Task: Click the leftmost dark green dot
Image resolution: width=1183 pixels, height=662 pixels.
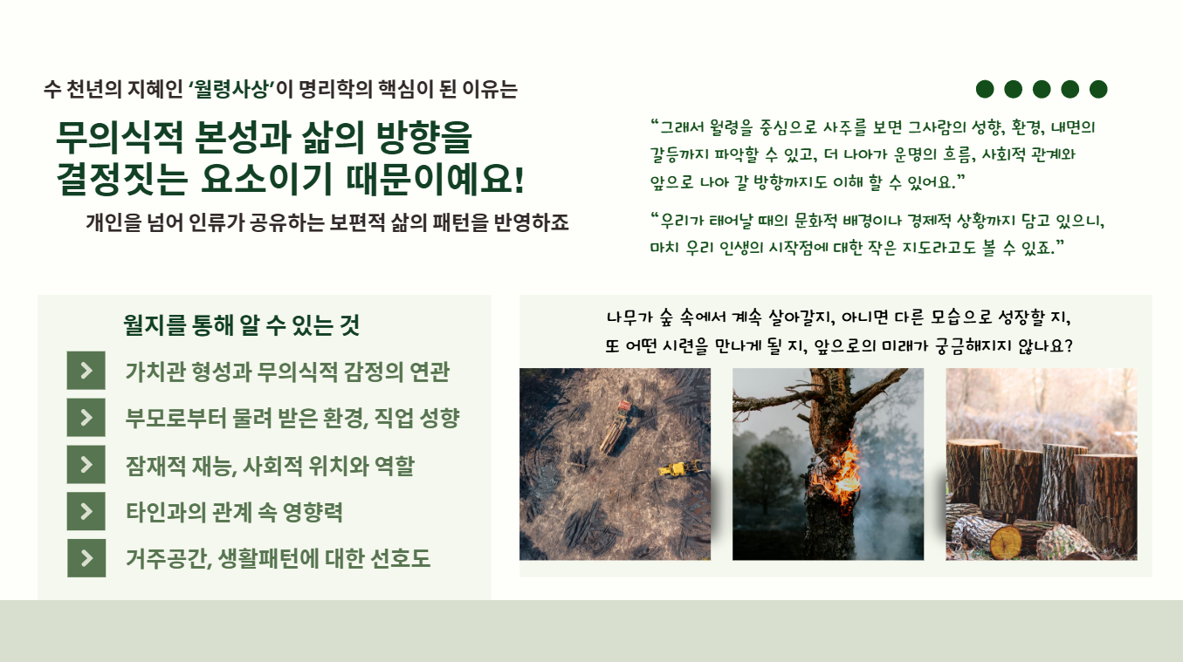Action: click(x=985, y=89)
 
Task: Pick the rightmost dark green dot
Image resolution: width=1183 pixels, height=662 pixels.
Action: click(x=1098, y=89)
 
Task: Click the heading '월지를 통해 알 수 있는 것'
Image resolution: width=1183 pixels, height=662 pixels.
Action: click(x=241, y=325)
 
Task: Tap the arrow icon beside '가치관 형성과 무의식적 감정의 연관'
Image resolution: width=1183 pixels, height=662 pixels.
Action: click(x=86, y=371)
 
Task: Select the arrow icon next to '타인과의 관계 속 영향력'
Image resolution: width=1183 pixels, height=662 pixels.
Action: click(x=86, y=511)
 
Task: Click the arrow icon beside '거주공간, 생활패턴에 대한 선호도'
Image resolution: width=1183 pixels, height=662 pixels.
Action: click(x=86, y=558)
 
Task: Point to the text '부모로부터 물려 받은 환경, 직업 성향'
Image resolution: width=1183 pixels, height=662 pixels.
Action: click(x=292, y=419)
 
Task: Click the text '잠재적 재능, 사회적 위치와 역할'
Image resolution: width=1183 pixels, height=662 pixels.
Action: click(x=270, y=465)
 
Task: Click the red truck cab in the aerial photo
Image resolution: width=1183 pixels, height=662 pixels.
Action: click(x=624, y=406)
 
